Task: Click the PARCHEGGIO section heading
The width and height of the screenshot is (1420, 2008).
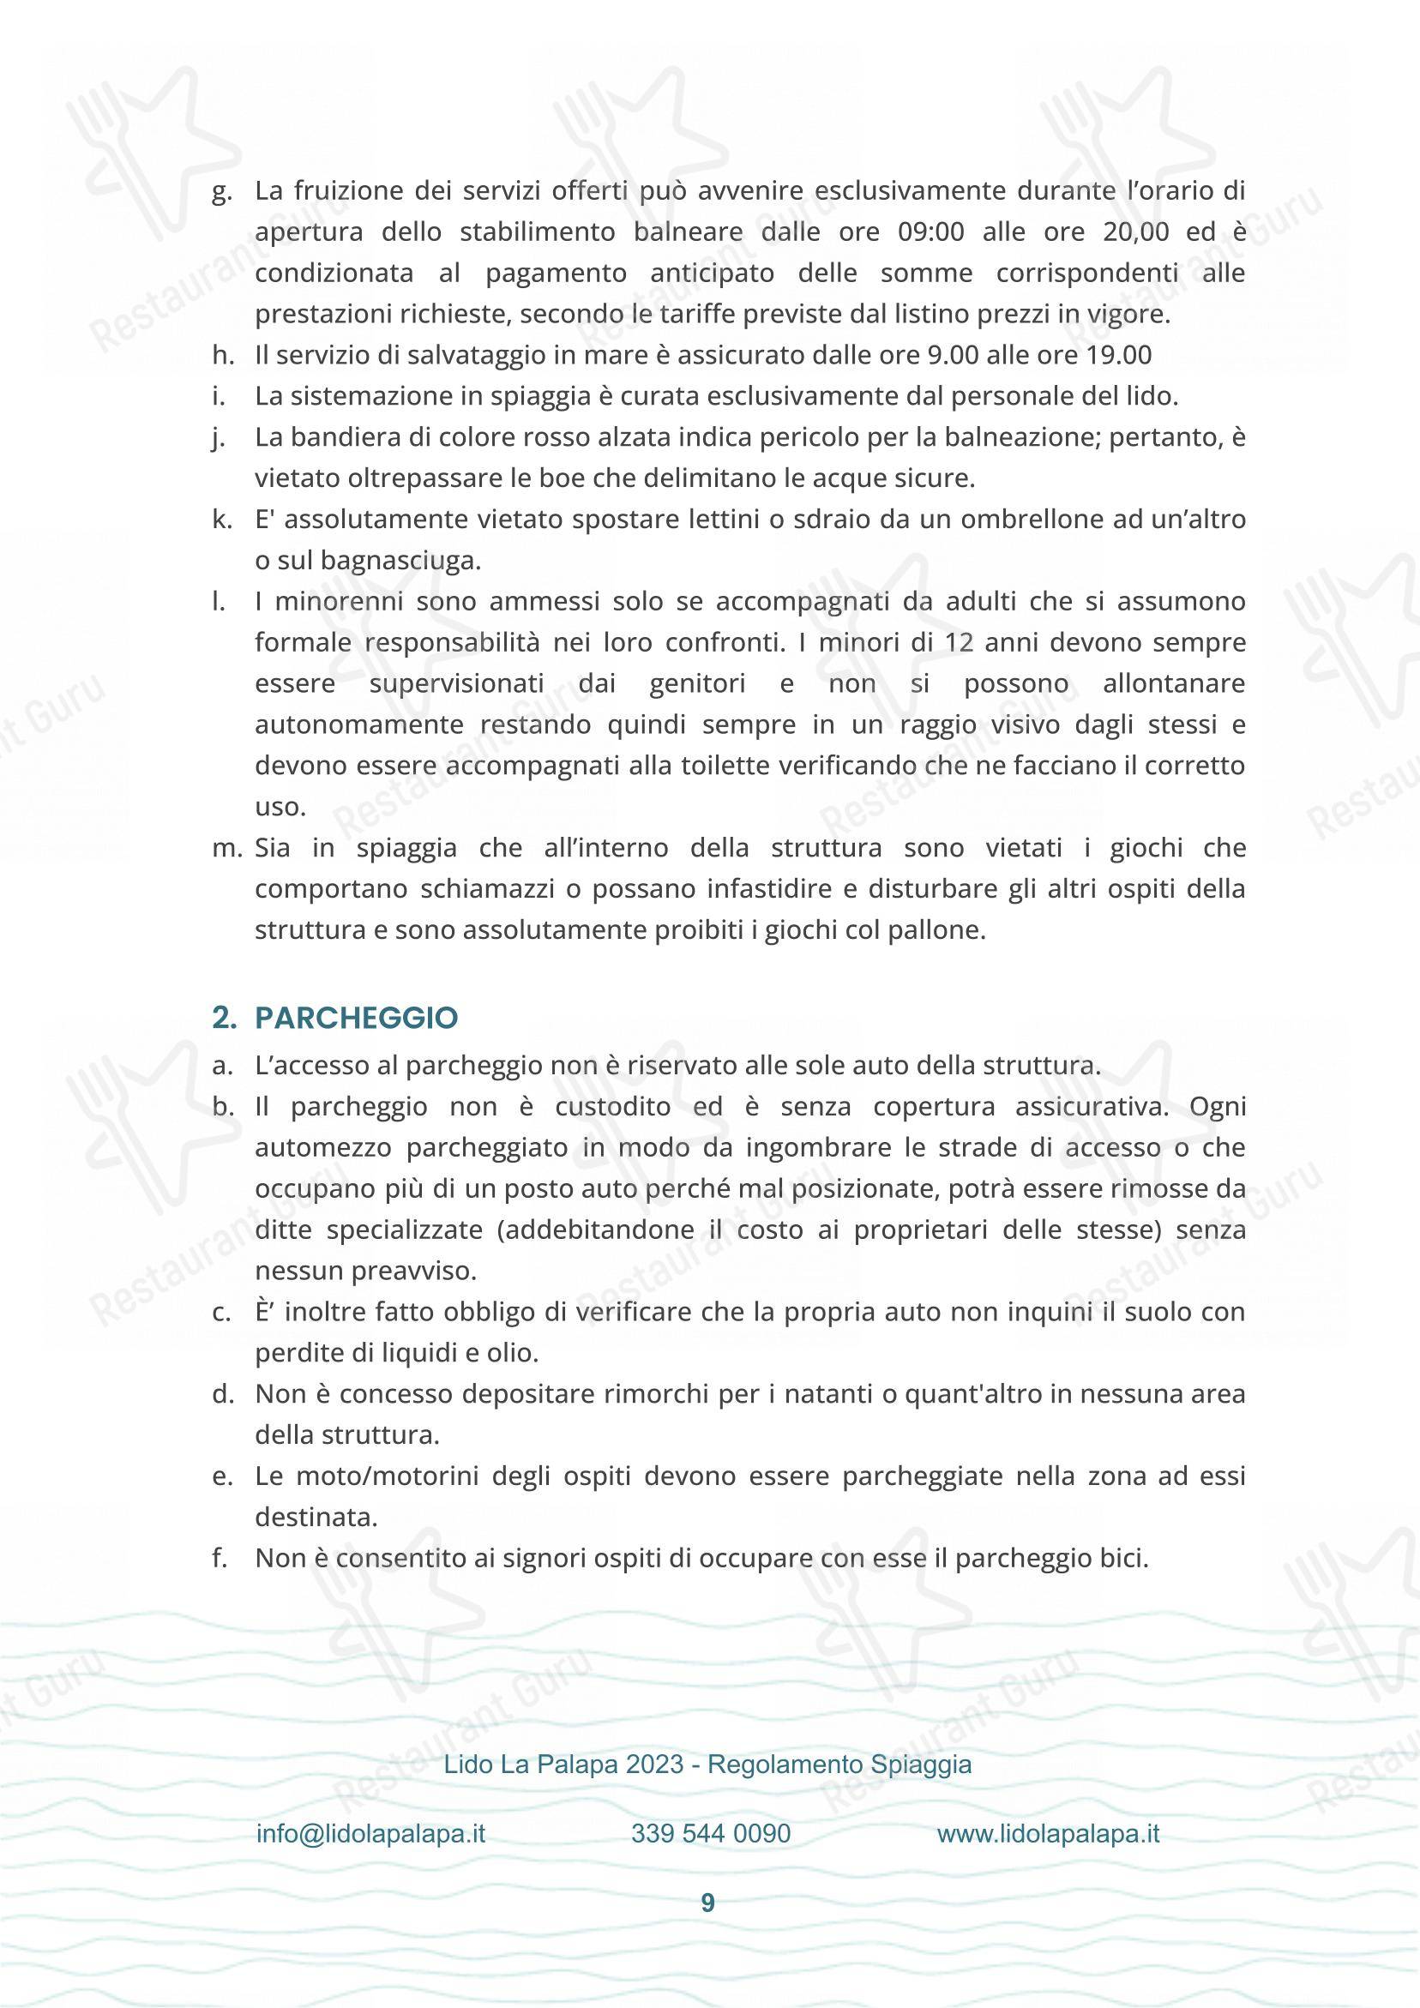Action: [x=356, y=1018]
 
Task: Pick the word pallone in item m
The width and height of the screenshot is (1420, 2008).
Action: [x=942, y=929]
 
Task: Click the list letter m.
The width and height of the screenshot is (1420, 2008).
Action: [x=226, y=848]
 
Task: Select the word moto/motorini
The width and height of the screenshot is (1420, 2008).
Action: [x=386, y=1476]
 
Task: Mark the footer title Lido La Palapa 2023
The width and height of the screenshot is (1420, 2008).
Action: [x=563, y=1764]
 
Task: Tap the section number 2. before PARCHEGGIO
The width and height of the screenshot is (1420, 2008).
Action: [x=225, y=1018]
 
